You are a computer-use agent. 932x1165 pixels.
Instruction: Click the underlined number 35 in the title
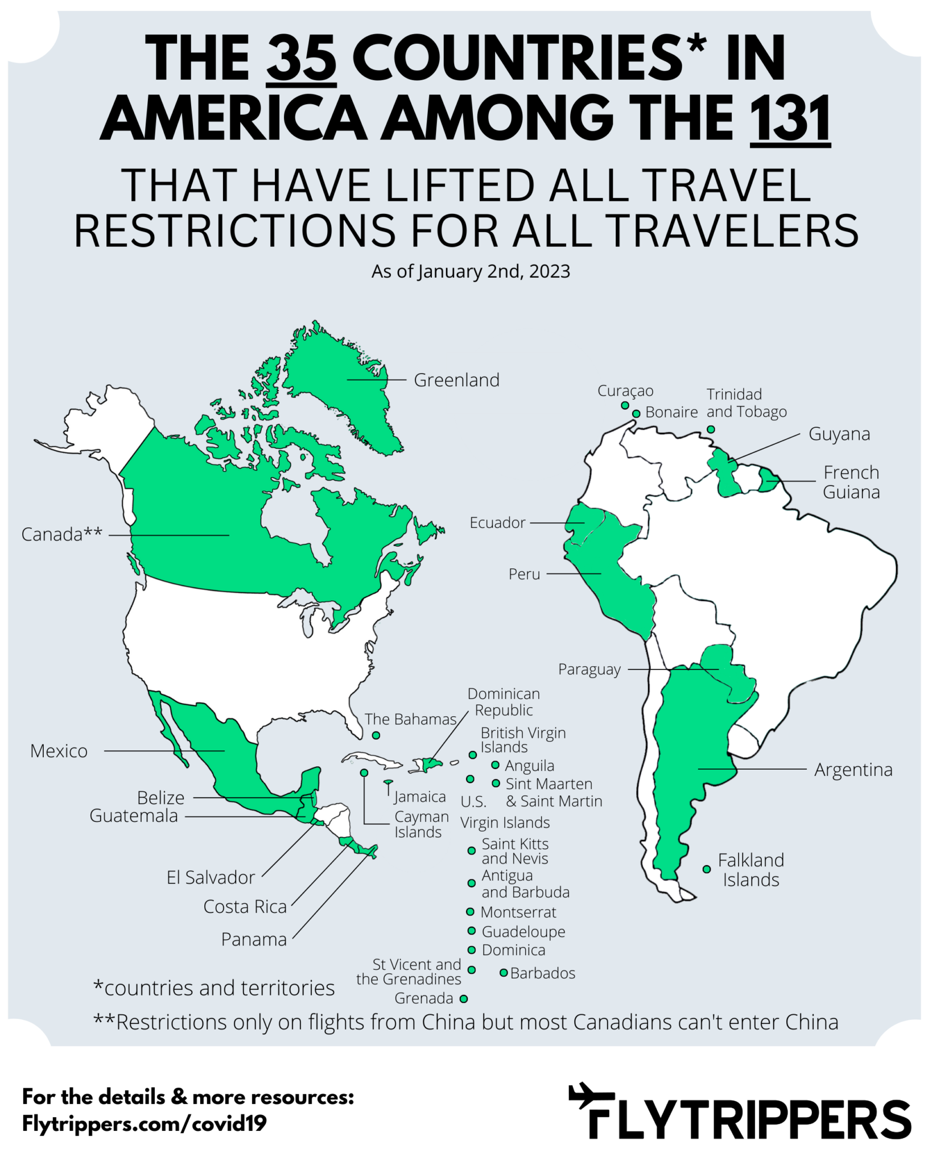pos(302,59)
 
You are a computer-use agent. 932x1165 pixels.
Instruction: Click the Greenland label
pos(456,380)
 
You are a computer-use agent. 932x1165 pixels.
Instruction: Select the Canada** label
pos(61,535)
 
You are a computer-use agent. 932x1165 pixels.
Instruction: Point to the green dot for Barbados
pos(504,973)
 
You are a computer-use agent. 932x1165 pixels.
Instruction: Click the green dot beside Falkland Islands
pos(707,869)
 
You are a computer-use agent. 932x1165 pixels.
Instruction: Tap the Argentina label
pos(853,770)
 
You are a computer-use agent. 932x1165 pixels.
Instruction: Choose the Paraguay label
pos(589,670)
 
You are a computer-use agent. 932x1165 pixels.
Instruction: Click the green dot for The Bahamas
pos(376,736)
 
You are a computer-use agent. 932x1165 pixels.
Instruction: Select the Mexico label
pos(59,751)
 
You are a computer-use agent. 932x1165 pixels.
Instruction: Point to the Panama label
pos(254,940)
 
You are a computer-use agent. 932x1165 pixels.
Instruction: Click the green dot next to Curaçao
pos(625,406)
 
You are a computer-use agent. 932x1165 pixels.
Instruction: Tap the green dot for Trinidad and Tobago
pos(711,429)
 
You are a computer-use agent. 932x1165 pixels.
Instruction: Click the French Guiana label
pos(851,482)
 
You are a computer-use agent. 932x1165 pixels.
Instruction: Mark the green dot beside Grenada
pos(464,998)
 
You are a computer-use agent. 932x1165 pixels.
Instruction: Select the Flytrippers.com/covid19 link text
pos(145,1123)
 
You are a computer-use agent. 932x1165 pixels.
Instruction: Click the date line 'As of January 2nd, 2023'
pos(471,271)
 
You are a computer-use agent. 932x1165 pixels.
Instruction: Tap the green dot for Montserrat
pos(470,912)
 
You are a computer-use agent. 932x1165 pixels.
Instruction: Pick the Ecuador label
pos(497,523)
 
